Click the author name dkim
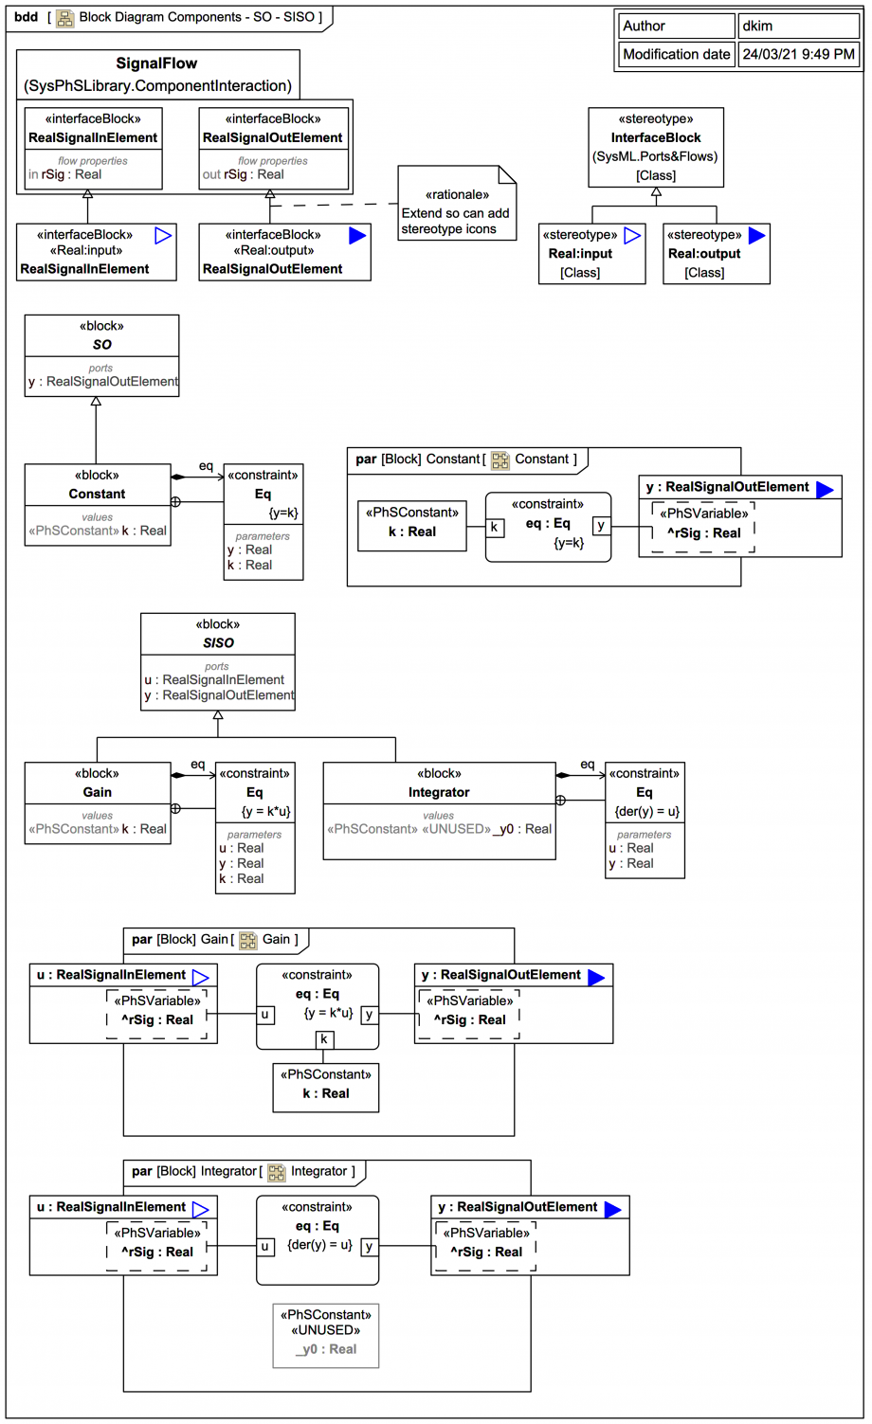(x=757, y=27)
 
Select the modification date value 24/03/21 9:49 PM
(x=798, y=55)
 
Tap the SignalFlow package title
(x=156, y=63)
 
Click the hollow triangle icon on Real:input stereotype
(x=632, y=236)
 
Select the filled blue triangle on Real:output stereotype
(x=756, y=236)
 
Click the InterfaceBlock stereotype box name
(x=655, y=137)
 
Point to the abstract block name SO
(x=101, y=345)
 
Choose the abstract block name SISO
(x=218, y=642)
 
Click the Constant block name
(x=97, y=494)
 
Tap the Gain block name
(x=97, y=792)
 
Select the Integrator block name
(x=439, y=792)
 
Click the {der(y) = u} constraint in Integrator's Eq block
(x=647, y=811)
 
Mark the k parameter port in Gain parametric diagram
(x=324, y=1039)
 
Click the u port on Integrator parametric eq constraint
(x=265, y=1247)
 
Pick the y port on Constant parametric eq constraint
(x=601, y=526)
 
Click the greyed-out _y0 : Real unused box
(x=326, y=1348)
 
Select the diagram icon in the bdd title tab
(x=65, y=17)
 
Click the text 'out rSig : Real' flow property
(x=243, y=174)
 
